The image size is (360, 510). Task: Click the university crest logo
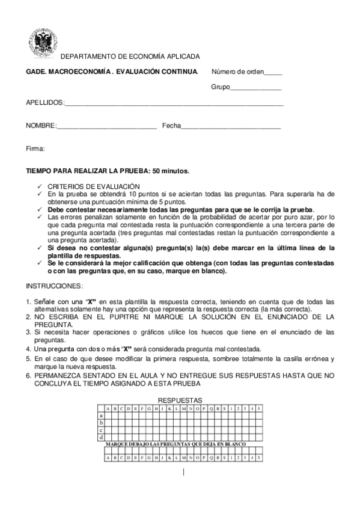42,43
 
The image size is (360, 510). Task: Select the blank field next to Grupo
257,88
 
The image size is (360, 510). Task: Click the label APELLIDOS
44,103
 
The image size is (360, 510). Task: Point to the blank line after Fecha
231,126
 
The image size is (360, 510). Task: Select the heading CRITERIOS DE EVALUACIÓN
93,186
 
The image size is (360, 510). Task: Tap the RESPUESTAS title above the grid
180,400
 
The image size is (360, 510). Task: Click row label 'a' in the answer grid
101,416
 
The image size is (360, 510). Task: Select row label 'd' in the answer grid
101,437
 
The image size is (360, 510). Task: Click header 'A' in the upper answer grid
108,408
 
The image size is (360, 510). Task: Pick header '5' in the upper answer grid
258,408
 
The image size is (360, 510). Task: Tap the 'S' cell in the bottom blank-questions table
224,457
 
